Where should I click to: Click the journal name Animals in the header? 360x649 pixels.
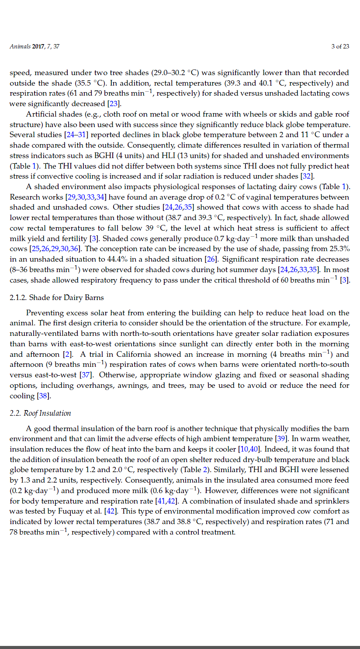coord(20,47)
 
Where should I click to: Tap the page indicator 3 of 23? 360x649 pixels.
coord(340,47)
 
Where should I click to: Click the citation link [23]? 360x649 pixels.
coord(114,104)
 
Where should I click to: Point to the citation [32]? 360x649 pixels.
coord(305,176)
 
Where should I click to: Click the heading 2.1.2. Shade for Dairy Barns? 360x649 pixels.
coord(57,298)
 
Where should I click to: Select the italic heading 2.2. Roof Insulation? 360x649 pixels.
coord(40,413)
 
